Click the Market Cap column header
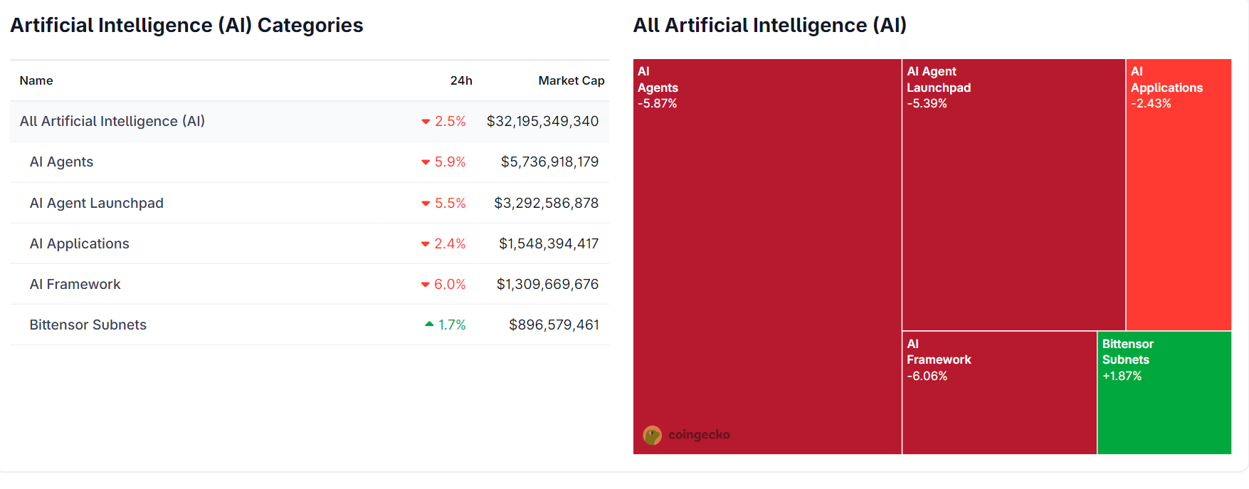pyautogui.click(x=571, y=80)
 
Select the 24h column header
pyautogui.click(x=461, y=80)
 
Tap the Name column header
pyautogui.click(x=36, y=80)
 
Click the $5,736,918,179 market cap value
pyautogui.click(x=549, y=162)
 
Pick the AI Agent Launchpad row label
pyautogui.click(x=97, y=203)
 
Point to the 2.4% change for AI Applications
pyautogui.click(x=450, y=243)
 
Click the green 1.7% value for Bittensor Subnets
pyautogui.click(x=452, y=325)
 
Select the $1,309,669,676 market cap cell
pyautogui.click(x=547, y=284)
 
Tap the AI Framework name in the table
pyautogui.click(x=75, y=284)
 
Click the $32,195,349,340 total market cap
pyautogui.click(x=542, y=122)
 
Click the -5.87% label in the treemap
pyautogui.click(x=657, y=103)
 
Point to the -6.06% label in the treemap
pyautogui.click(x=927, y=376)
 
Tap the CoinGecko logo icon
pyautogui.click(x=652, y=435)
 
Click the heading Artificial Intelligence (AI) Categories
pyautogui.click(x=186, y=26)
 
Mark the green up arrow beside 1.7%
pyautogui.click(x=429, y=325)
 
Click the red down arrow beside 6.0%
pyautogui.click(x=426, y=285)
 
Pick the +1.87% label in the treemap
pyautogui.click(x=1122, y=376)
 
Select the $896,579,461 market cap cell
pyautogui.click(x=554, y=325)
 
